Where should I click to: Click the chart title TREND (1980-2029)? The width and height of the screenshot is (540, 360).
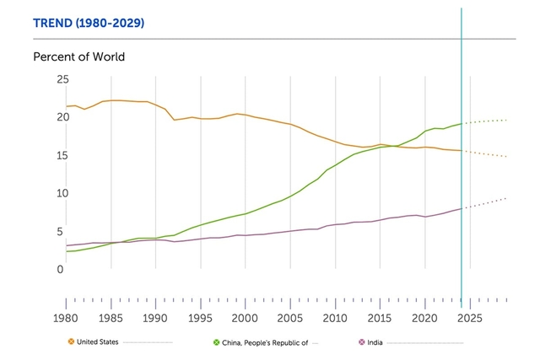click(89, 23)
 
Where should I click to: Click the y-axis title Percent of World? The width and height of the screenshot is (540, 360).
click(78, 57)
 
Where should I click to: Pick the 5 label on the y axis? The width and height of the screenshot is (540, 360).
click(59, 231)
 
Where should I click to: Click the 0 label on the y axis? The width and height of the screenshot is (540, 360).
click(59, 269)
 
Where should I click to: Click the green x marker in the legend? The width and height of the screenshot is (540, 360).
click(217, 341)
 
